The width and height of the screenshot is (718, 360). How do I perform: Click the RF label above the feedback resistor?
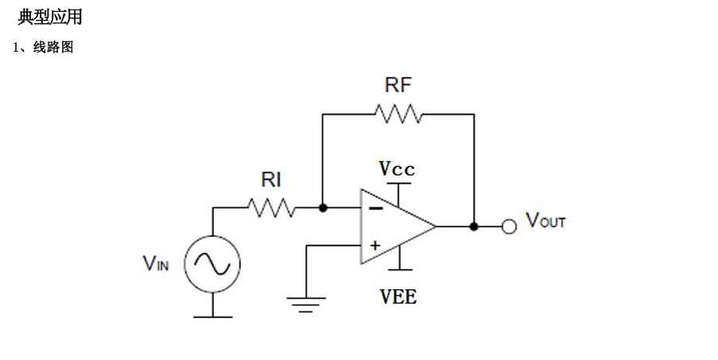[398, 85]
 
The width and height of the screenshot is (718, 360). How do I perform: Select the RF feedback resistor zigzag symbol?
[398, 114]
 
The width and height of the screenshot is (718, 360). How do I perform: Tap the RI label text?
[271, 180]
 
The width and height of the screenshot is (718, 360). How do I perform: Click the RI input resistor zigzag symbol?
[271, 207]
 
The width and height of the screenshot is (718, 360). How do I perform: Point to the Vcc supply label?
[397, 168]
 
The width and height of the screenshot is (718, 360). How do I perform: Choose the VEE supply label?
[398, 297]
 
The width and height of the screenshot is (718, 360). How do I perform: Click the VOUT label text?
[545, 220]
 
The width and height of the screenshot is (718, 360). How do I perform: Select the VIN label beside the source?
[156, 264]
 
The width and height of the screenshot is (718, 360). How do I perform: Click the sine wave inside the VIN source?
[212, 264]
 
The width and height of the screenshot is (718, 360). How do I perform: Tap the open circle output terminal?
[509, 226]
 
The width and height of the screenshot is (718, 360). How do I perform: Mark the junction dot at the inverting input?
[323, 207]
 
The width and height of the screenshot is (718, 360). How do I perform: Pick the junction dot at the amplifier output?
[474, 226]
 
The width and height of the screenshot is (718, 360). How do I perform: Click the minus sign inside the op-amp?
[376, 208]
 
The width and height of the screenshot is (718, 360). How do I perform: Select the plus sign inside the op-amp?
[375, 246]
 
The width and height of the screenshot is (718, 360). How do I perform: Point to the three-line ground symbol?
[306, 304]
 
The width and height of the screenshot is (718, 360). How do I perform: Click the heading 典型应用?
[50, 17]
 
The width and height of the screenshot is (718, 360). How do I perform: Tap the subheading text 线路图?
[53, 47]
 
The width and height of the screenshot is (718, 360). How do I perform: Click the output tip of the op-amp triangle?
[436, 226]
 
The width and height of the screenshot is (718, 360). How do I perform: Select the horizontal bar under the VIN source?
[212, 316]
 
